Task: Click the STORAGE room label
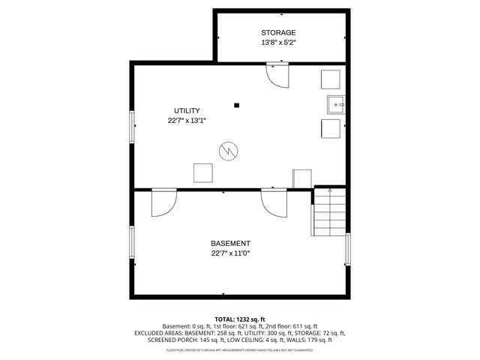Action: click(x=278, y=32)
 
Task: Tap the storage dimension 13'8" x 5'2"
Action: click(x=278, y=43)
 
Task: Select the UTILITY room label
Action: click(x=187, y=110)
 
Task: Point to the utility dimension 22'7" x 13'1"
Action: click(x=187, y=120)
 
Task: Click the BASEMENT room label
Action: click(x=230, y=244)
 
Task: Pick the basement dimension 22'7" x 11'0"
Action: click(x=230, y=253)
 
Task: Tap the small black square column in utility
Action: click(x=236, y=105)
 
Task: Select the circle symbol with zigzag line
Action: click(x=228, y=151)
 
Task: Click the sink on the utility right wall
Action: click(x=335, y=104)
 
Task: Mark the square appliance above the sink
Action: click(x=331, y=79)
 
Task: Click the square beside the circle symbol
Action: click(x=202, y=172)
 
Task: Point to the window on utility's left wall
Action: click(x=133, y=127)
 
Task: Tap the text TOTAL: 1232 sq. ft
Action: click(x=240, y=319)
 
